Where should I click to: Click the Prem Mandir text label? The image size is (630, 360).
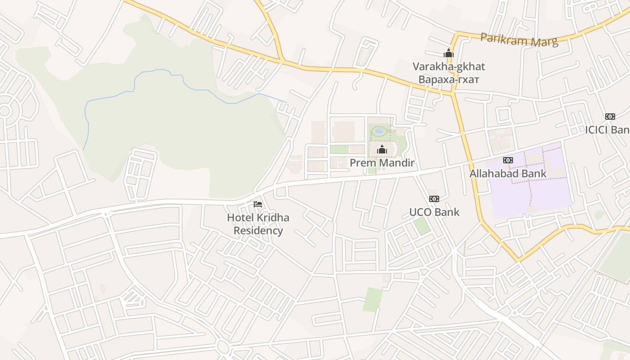(382, 162)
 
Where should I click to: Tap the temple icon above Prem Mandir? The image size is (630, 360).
(382, 149)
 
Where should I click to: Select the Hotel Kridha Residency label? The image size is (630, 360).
(258, 224)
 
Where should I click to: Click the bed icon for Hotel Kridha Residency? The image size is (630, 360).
(258, 204)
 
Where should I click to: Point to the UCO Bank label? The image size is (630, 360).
(434, 212)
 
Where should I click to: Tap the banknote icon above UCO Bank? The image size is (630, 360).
(434, 198)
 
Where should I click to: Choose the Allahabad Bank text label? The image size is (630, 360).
(508, 173)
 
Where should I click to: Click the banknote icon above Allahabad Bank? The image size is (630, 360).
(508, 160)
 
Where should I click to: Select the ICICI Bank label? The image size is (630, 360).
(607, 130)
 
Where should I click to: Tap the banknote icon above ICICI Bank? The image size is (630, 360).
(610, 116)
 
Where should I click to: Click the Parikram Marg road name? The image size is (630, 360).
(519, 40)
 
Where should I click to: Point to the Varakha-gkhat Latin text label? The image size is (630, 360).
(449, 67)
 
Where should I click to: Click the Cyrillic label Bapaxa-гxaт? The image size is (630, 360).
(449, 80)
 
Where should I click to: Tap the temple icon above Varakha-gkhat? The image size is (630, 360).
(448, 53)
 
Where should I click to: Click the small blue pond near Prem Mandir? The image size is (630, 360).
(379, 131)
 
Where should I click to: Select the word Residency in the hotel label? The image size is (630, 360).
(258, 231)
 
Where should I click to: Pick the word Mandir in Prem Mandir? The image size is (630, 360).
(397, 162)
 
